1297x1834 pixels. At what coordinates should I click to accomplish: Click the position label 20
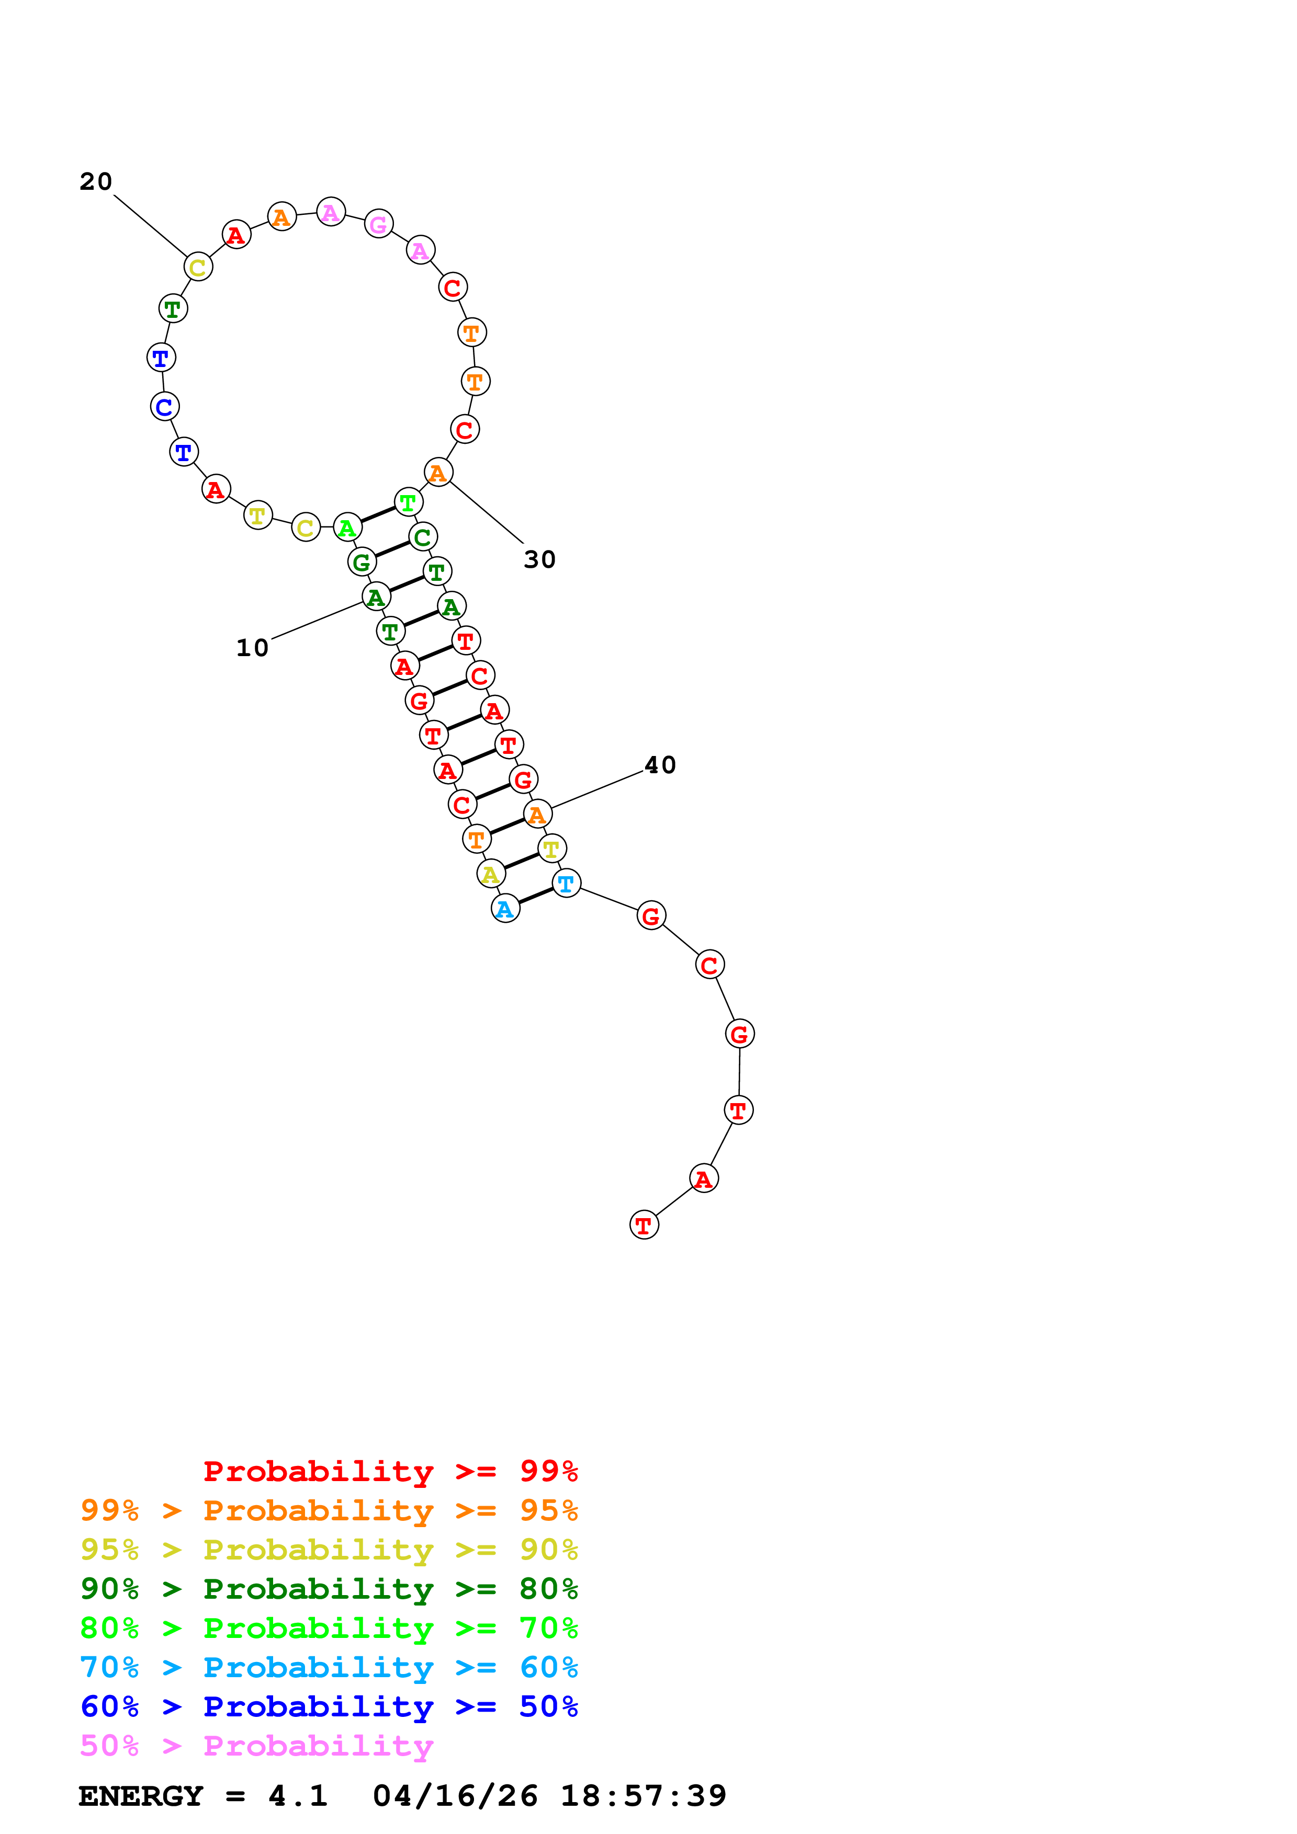point(96,182)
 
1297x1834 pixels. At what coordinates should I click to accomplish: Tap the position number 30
point(539,560)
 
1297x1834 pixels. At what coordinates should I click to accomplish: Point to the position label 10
point(253,648)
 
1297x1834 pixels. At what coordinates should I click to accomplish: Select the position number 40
point(660,765)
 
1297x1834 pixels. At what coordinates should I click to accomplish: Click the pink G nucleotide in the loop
point(379,224)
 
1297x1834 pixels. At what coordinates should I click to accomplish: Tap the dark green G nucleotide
point(362,563)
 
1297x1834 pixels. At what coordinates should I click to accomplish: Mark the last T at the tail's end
point(644,1224)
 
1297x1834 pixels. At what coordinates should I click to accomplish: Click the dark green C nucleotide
point(423,537)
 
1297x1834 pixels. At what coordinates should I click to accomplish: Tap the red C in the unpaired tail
point(709,965)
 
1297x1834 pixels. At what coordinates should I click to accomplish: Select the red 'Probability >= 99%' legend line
point(391,1471)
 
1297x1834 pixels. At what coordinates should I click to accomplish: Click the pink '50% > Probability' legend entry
point(256,1746)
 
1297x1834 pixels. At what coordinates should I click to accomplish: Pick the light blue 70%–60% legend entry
point(329,1668)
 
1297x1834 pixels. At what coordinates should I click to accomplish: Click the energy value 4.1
point(298,1796)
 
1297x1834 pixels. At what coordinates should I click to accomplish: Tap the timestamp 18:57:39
point(644,1796)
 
